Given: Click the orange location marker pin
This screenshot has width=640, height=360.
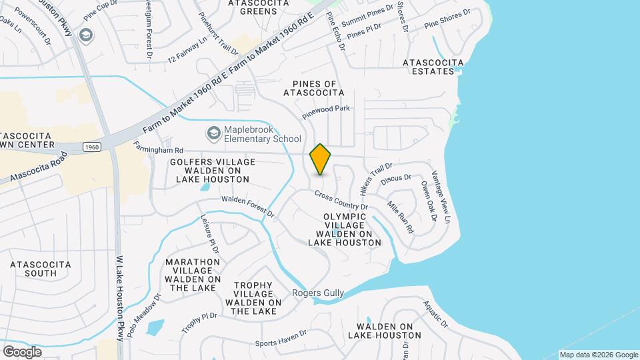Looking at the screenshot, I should (320, 159).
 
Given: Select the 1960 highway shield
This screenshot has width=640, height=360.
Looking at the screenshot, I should (92, 146).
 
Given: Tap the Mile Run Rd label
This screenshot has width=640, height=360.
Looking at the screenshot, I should (400, 217).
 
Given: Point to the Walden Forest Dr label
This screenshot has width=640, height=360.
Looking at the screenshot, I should (247, 207).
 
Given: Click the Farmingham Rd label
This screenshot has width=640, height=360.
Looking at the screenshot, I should (159, 147).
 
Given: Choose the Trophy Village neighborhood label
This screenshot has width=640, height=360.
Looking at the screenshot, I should (254, 298).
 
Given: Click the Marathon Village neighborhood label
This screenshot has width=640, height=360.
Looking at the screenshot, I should (193, 275).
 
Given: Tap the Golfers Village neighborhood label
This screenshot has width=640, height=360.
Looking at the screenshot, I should (209, 171).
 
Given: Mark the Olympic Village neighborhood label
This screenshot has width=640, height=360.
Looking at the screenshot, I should (345, 229).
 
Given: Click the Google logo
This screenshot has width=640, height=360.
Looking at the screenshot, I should (22, 351).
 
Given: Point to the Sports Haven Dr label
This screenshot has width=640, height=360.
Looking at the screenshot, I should (281, 338).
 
